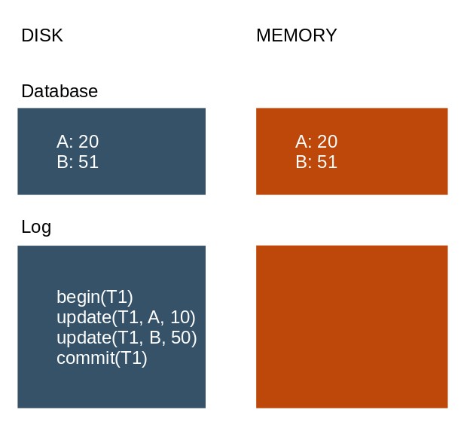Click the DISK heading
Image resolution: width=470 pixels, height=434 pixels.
[42, 35]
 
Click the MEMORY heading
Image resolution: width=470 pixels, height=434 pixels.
[297, 35]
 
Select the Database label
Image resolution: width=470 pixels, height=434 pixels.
[60, 91]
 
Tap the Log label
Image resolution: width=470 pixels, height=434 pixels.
[36, 227]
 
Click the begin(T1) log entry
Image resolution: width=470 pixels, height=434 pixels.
[95, 297]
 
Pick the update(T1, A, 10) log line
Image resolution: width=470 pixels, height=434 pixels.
[126, 317]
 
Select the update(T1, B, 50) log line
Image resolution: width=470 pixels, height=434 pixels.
[127, 338]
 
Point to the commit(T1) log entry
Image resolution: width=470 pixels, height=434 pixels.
[102, 358]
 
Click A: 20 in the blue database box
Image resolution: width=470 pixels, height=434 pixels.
[78, 142]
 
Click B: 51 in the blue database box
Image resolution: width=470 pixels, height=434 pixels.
[78, 162]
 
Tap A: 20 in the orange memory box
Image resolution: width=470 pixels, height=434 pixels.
[316, 142]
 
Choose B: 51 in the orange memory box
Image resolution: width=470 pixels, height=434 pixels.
[316, 162]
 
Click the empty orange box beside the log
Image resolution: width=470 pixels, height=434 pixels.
[352, 327]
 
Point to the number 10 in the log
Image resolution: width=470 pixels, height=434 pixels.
[180, 317]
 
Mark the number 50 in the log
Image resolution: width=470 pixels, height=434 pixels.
[181, 338]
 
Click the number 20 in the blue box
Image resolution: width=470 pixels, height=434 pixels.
[88, 142]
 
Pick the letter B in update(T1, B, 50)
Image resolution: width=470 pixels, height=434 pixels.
[155, 338]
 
